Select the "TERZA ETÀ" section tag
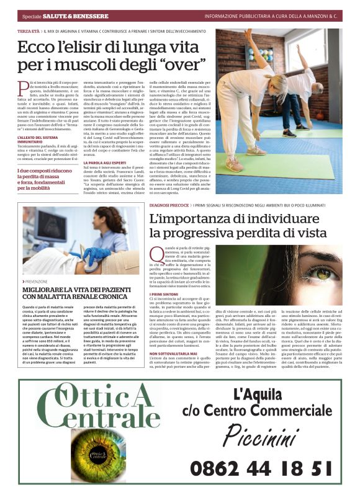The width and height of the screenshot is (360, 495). (x=29, y=30)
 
